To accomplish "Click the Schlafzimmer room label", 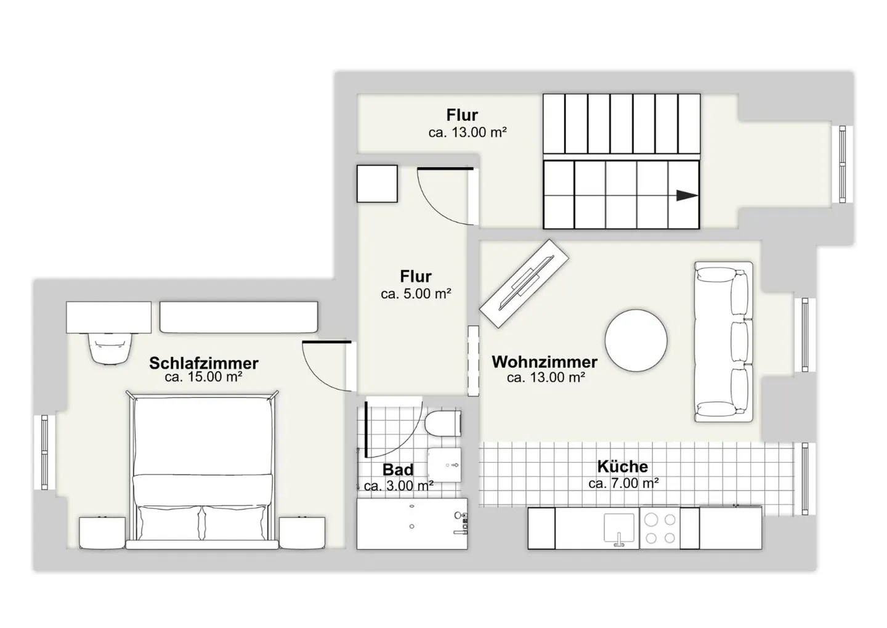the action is pyautogui.click(x=203, y=363).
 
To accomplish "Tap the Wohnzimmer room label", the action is pyautogui.click(x=545, y=362).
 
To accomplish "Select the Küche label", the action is pyautogui.click(x=623, y=467).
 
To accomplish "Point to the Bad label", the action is pyautogui.click(x=398, y=470).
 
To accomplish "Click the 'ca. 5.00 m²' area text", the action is pyautogui.click(x=416, y=293).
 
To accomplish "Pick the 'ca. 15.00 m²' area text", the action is pyautogui.click(x=203, y=377).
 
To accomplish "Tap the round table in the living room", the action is pyautogui.click(x=636, y=340).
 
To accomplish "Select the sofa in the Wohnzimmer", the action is pyautogui.click(x=723, y=341).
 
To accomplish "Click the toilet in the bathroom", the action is pyautogui.click(x=443, y=423).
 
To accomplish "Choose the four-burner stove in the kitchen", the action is pyautogui.click(x=660, y=529).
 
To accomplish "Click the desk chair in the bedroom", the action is pyautogui.click(x=110, y=348).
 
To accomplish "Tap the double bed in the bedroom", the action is pyautogui.click(x=202, y=470).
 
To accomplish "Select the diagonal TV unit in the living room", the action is pyautogui.click(x=524, y=283).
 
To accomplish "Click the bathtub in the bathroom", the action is pyautogui.click(x=412, y=524).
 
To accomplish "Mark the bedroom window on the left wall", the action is pyautogui.click(x=44, y=452).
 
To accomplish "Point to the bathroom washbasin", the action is pyautogui.click(x=445, y=465).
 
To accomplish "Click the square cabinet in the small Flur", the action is pyautogui.click(x=377, y=184).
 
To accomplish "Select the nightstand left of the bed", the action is pyautogui.click(x=102, y=532).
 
